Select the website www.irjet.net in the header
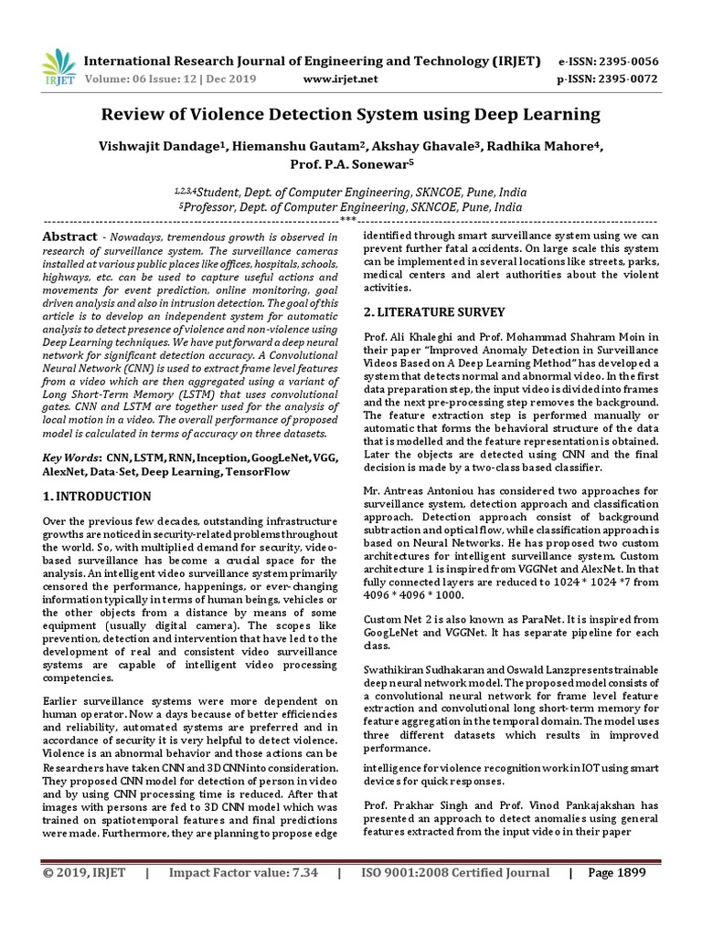coord(339,79)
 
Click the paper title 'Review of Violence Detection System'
coord(350,114)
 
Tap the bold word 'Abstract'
coord(69,236)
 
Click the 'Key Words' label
coord(72,457)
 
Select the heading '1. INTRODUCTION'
coord(98,497)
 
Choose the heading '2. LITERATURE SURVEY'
coord(433,311)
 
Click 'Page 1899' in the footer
coord(616,872)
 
